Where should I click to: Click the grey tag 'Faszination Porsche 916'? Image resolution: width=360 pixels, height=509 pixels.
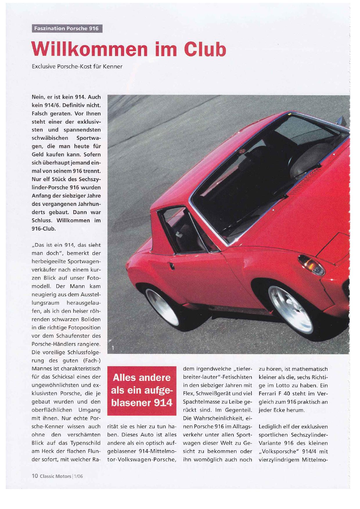tap(66, 28)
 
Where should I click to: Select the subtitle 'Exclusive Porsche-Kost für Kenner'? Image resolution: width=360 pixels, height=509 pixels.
tap(77, 66)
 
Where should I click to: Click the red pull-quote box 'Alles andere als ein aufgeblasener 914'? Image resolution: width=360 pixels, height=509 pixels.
tap(142, 390)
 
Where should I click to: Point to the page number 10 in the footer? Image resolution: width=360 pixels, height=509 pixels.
tap(35, 476)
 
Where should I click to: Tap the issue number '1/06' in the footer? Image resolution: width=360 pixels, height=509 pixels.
tap(78, 476)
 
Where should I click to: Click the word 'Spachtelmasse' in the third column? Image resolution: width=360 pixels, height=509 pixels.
tap(201, 402)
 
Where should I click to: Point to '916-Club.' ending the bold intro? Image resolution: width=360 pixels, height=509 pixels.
tap(44, 228)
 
